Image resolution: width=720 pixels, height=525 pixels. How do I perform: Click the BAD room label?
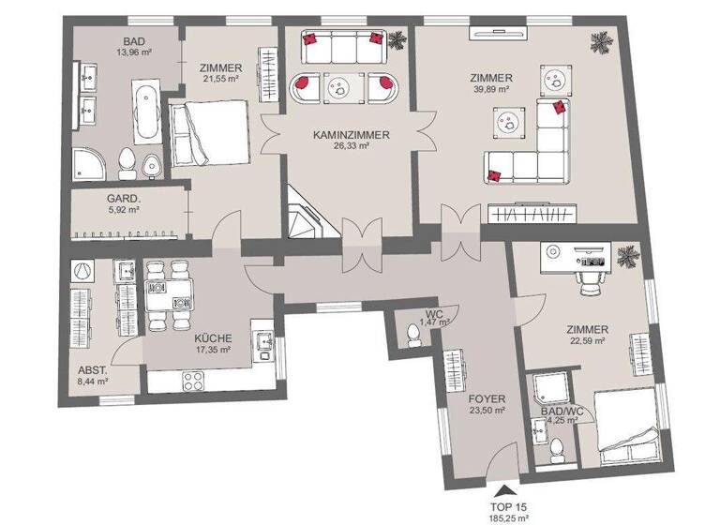(x=134, y=41)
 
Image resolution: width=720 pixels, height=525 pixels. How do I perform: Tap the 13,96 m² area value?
(x=134, y=53)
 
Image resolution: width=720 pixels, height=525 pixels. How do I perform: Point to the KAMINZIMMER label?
(x=352, y=135)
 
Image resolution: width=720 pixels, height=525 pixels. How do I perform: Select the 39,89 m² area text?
(x=492, y=90)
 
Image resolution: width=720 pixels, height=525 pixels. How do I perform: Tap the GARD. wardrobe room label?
(x=123, y=199)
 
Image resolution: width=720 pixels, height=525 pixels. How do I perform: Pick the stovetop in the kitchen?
(x=195, y=382)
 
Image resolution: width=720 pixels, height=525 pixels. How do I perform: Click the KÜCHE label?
(x=213, y=339)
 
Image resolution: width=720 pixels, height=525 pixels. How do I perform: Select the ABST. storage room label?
(x=92, y=369)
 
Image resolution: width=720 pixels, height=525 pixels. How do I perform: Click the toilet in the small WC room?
(x=412, y=336)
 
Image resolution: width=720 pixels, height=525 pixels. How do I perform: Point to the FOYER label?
(x=487, y=397)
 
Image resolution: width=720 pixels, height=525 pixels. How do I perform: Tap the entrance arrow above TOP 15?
(x=506, y=487)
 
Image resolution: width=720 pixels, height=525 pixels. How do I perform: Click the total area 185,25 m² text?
(x=506, y=515)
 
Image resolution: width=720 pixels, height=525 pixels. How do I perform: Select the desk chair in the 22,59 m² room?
(x=588, y=273)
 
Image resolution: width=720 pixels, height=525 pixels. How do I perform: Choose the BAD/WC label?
(x=561, y=409)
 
